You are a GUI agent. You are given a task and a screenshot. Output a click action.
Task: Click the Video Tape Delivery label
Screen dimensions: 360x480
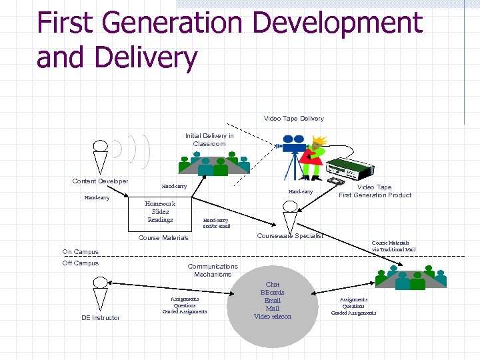click(293, 119)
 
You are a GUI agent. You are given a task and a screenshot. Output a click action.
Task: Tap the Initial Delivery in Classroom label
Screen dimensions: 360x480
click(209, 139)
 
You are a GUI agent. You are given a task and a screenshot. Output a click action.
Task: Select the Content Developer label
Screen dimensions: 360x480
click(100, 181)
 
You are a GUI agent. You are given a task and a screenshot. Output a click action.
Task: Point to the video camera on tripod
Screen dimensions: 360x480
click(291, 154)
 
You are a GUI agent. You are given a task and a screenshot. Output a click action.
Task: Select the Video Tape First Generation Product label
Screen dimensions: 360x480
click(375, 191)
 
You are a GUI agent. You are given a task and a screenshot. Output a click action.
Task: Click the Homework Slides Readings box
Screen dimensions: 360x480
click(160, 212)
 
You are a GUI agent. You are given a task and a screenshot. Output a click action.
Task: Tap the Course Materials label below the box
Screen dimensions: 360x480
click(163, 238)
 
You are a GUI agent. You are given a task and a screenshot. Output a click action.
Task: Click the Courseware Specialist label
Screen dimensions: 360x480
click(290, 235)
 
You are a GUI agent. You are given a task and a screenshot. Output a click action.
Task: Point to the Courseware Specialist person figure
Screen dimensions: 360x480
click(289, 214)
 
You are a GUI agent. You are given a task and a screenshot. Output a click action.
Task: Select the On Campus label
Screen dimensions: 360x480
click(80, 252)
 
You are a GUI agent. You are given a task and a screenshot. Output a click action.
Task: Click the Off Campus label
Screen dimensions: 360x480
click(80, 263)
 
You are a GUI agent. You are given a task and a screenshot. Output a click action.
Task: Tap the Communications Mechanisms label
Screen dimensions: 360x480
click(213, 271)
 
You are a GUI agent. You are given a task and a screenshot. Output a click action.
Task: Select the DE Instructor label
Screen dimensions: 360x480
click(101, 318)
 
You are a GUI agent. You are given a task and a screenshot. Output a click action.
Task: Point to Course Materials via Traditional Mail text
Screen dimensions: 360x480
click(393, 246)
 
